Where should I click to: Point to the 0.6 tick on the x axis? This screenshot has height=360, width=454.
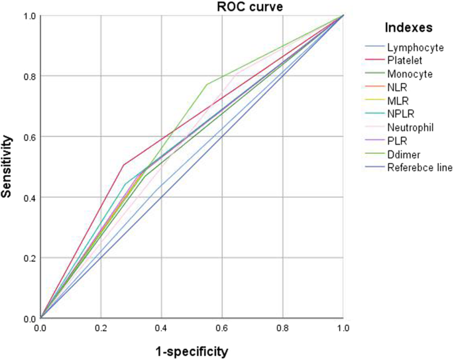(x=222, y=328)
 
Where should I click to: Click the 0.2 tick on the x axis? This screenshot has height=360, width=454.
(x=101, y=328)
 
